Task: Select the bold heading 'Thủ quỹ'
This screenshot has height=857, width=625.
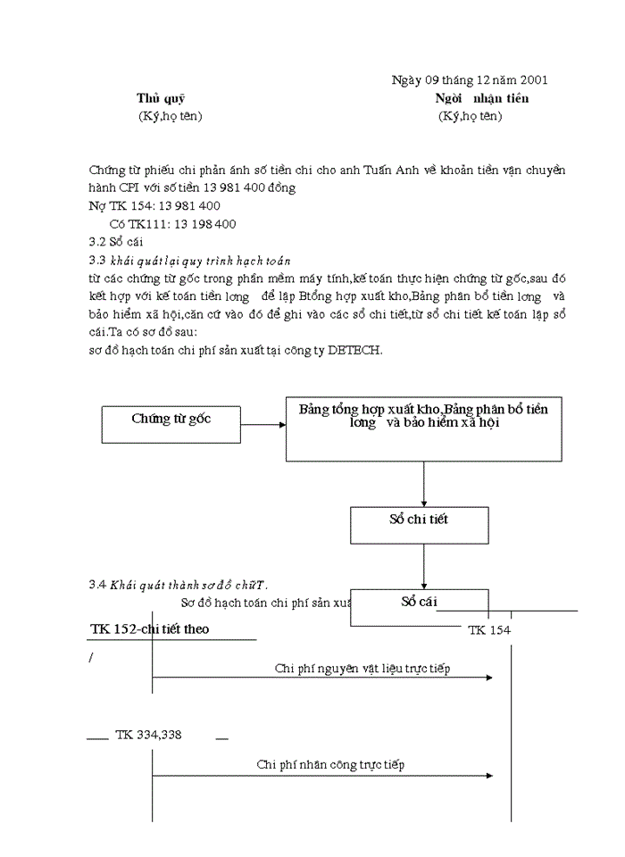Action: (161, 98)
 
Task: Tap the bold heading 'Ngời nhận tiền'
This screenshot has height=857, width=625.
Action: (481, 98)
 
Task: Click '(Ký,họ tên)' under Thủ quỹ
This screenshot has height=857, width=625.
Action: (171, 116)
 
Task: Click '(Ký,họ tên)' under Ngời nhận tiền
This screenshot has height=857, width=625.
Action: (470, 116)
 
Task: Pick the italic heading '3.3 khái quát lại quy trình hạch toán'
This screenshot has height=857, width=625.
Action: (190, 260)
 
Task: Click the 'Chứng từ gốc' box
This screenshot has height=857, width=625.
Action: (171, 419)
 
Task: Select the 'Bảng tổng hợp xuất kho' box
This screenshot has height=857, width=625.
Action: (423, 428)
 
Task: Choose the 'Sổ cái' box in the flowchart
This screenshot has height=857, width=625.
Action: (419, 603)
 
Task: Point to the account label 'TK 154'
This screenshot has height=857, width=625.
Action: (489, 630)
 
